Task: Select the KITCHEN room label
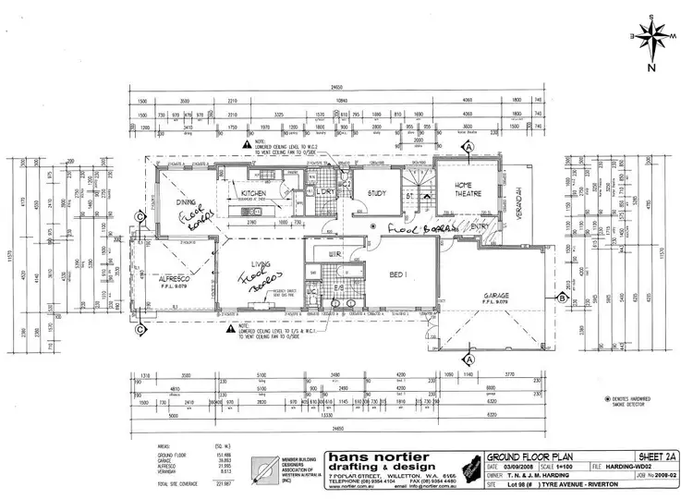254,184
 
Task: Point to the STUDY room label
376,194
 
